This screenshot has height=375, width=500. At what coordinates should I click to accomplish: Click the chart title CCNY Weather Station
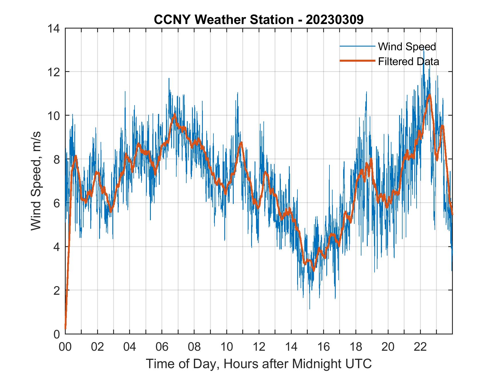tap(223, 20)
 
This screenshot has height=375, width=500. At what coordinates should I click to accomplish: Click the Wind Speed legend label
tap(407, 47)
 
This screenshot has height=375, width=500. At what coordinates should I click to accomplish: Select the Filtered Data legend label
tap(408, 61)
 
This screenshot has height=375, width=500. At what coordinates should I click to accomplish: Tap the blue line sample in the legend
tap(357, 46)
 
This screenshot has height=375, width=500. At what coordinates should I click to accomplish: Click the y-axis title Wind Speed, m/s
tap(36, 181)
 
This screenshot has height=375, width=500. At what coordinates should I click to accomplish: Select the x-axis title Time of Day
tap(259, 364)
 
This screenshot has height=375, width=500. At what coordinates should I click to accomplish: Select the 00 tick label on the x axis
tap(65, 347)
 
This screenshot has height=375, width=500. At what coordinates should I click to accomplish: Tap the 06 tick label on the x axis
tap(162, 347)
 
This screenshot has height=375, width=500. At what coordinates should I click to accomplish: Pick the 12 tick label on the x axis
tap(259, 347)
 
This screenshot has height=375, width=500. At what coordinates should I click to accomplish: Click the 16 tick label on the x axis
tap(323, 347)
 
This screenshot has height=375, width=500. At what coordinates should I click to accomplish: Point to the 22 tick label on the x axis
tap(420, 347)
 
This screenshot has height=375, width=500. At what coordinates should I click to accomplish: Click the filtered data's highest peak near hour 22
tap(429, 95)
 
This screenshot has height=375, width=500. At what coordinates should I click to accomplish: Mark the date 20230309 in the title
tap(334, 20)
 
